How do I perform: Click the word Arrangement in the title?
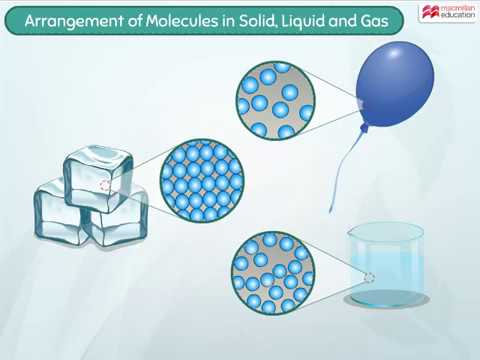point(76,17)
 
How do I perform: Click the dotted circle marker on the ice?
point(105,185)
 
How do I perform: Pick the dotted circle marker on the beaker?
point(369,278)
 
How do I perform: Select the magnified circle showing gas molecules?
point(275,100)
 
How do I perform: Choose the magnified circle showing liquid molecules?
point(273,272)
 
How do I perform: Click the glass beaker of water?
point(385,265)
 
